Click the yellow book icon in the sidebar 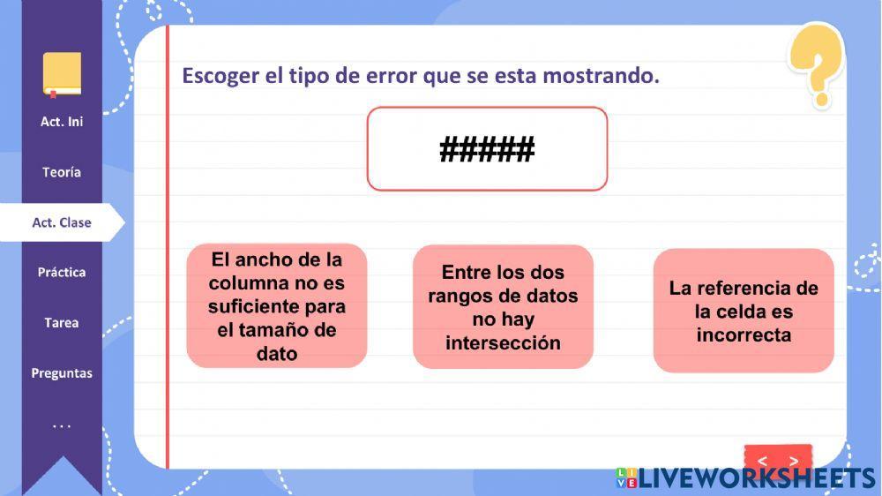point(62,74)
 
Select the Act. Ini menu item point(62,122)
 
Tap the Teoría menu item point(62,172)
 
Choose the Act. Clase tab point(62,222)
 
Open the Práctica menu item point(62,273)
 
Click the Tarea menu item point(62,323)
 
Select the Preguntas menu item point(62,373)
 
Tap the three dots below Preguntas point(62,426)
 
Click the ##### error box point(487,149)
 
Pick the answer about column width point(277,306)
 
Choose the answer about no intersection point(503,307)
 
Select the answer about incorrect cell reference point(744,311)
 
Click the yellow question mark point(818,64)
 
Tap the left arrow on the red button point(762,461)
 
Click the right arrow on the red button point(794,461)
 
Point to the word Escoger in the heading point(220,76)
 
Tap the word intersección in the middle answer point(503,342)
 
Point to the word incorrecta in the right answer point(744,334)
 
